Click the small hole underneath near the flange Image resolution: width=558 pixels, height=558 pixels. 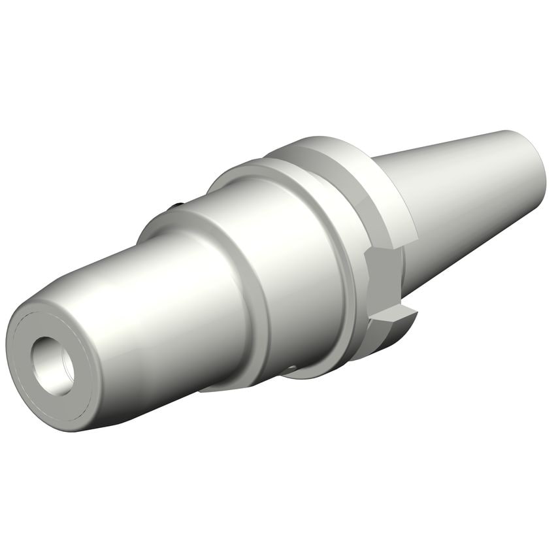point(291,370)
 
